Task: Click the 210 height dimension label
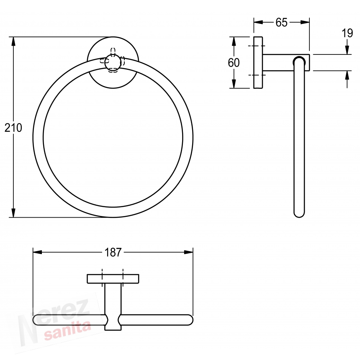(x=13, y=128)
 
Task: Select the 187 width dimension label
(x=113, y=252)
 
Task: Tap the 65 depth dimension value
(x=281, y=23)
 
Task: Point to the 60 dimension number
(x=234, y=62)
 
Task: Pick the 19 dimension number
(x=347, y=33)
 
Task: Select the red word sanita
(x=67, y=331)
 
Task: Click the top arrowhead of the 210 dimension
(x=13, y=41)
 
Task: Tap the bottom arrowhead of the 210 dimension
(x=13, y=213)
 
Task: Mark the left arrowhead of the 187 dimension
(x=37, y=252)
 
